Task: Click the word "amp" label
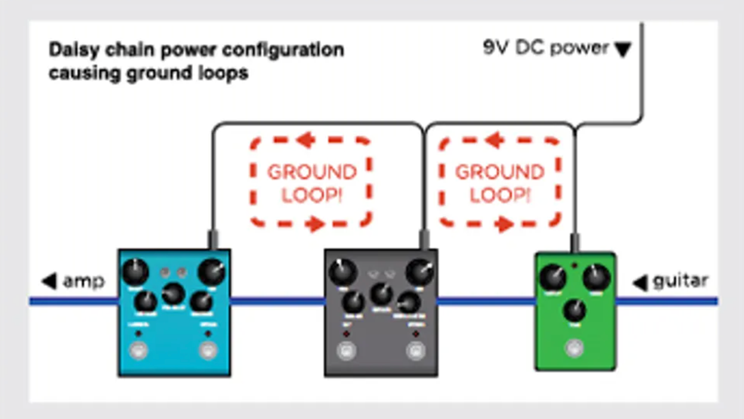point(84,281)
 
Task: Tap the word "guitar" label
point(680,281)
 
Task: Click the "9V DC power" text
point(545,48)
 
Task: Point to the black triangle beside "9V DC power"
point(623,50)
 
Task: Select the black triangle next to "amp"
point(50,281)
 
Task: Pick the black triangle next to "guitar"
point(641,282)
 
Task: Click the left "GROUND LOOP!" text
point(311,183)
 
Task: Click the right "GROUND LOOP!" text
point(500,183)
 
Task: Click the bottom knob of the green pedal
point(574,311)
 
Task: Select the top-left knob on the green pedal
point(553,278)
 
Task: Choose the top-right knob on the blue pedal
point(211,272)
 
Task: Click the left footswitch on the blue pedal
point(139,350)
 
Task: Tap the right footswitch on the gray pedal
point(415,351)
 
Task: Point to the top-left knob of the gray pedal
point(342,272)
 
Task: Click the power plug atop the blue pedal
point(212,239)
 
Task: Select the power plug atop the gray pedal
point(424,239)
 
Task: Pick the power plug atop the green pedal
point(574,243)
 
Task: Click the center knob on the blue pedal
point(173,294)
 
